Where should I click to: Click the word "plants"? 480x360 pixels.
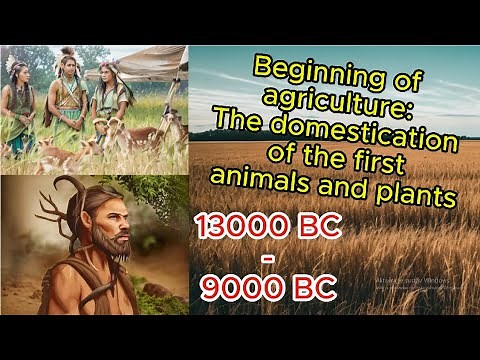[x=414, y=194]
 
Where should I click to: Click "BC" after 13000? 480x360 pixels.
[x=313, y=228]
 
